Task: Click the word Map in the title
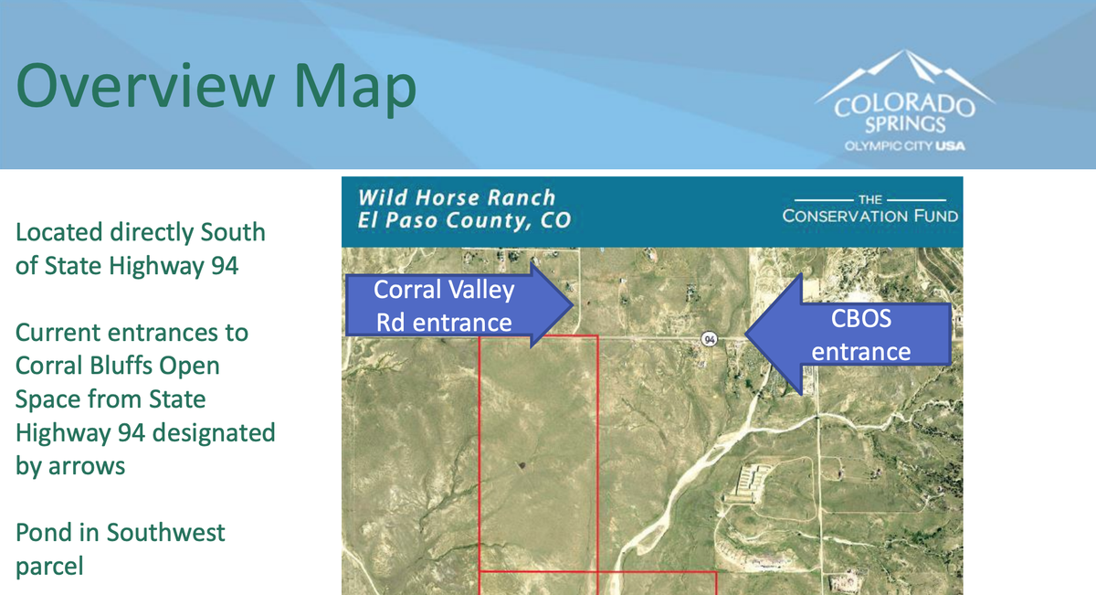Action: (x=355, y=90)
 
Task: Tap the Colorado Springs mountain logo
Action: (x=905, y=101)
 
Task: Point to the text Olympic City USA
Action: (x=905, y=146)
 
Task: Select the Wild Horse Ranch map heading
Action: (x=457, y=197)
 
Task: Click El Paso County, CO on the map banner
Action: (x=464, y=220)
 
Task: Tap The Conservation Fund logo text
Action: (x=869, y=209)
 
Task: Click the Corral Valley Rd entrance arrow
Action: (x=458, y=305)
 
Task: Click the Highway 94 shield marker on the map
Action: (x=710, y=339)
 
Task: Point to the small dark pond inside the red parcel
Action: (x=522, y=464)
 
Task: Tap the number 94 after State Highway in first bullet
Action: (x=225, y=266)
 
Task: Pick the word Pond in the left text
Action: (x=44, y=532)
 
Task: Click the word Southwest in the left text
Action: (x=166, y=532)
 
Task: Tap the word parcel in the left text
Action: (x=49, y=567)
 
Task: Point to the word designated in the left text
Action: (x=214, y=433)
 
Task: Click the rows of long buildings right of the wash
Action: (x=750, y=483)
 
